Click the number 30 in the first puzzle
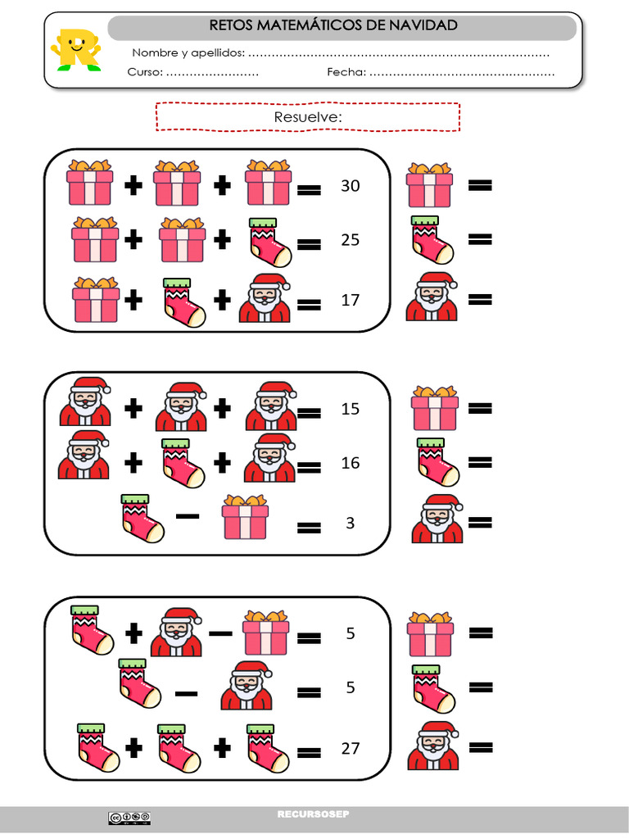350,186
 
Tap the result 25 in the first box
350,240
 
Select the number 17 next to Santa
350,300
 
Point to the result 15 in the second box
350,409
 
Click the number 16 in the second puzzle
350,463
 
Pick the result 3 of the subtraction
350,523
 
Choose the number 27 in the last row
350,748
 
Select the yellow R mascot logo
75,49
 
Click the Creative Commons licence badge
129,817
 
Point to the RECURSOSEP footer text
313,814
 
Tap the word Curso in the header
145,72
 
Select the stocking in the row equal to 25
269,242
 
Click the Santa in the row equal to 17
265,298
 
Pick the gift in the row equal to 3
246,518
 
